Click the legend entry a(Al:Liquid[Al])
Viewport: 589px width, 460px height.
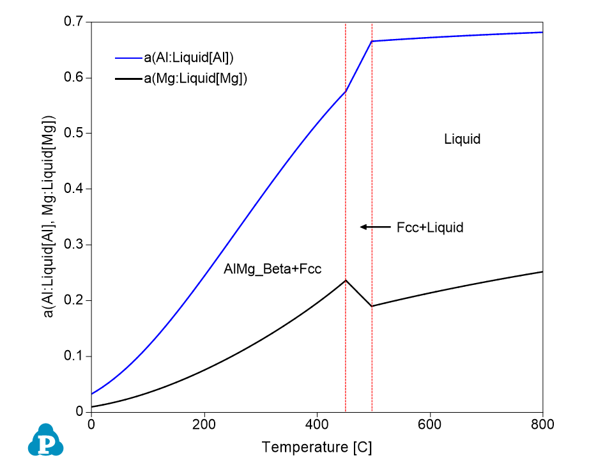tap(188, 57)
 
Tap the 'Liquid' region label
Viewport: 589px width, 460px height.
tap(462, 139)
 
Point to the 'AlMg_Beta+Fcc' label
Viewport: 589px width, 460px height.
tap(272, 269)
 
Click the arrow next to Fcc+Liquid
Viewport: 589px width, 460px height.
tap(375, 227)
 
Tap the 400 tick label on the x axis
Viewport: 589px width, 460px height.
tap(317, 424)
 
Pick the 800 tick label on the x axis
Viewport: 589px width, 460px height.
tap(542, 424)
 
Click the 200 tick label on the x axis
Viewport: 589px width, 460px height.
tap(204, 424)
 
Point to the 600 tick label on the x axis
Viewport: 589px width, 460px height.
tap(430, 424)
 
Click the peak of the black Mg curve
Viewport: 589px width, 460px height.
tap(346, 280)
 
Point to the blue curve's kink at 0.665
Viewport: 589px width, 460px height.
tap(372, 41)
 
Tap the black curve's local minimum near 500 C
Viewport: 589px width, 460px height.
tap(372, 306)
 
